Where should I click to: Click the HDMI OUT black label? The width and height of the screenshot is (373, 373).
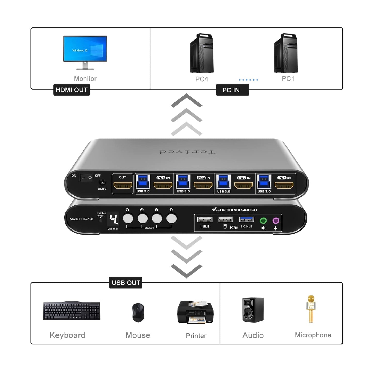pos(72,90)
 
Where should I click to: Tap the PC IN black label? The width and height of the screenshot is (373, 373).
pos(232,90)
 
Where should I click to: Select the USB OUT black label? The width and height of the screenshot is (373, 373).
pos(126,283)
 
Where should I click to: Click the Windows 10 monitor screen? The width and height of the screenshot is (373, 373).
pos(85,49)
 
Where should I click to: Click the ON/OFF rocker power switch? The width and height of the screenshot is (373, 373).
pos(86,178)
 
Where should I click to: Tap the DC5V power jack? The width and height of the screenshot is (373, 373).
pos(102,182)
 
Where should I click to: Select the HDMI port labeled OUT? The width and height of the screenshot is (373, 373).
pos(123,185)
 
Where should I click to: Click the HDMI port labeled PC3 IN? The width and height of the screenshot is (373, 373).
pos(203,185)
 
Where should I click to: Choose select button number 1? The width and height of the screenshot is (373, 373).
pos(128,219)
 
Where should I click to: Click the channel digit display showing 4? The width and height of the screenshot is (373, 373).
pos(113,219)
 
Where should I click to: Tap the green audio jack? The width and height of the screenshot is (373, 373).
pos(263,221)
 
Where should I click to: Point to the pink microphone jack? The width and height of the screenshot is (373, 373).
pos(276,221)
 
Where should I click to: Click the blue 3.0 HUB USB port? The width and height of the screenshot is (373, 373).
pos(247,220)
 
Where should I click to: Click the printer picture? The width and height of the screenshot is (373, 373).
pos(195,312)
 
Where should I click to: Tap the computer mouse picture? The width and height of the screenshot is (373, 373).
pos(138,313)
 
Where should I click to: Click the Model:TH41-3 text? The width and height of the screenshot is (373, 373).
pos(81,219)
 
